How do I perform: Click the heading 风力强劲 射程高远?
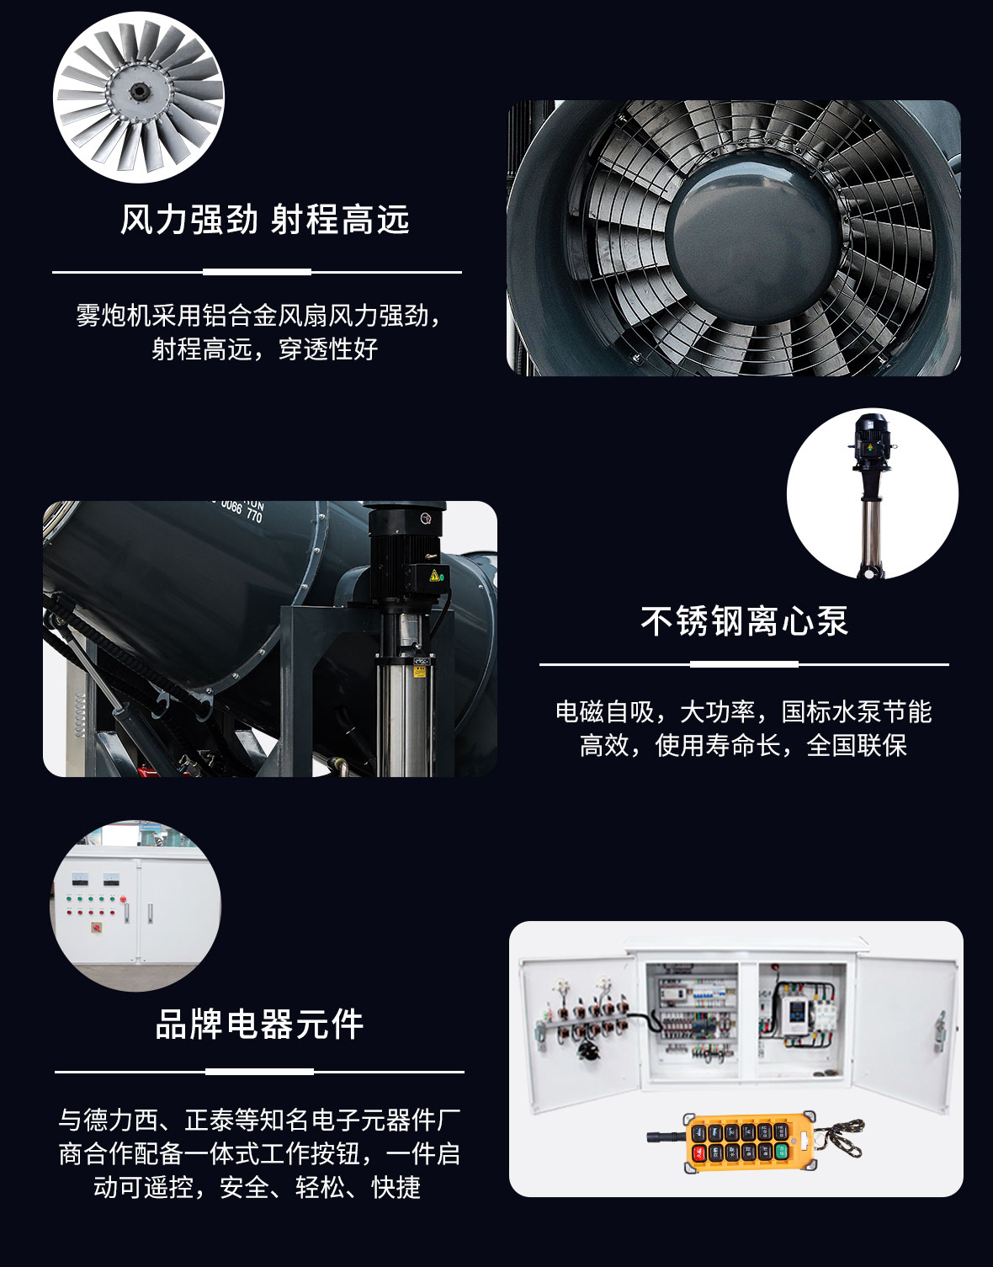264,220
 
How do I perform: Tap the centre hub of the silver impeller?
140,91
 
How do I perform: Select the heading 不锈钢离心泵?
744,621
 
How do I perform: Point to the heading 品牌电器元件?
259,1024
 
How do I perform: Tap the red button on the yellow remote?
698,1153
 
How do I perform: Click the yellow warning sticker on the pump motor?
433,576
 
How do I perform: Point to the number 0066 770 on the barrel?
242,510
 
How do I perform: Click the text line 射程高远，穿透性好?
264,349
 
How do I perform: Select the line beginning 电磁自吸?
744,712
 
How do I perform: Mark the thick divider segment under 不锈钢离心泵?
744,664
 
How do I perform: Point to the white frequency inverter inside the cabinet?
796,1015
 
